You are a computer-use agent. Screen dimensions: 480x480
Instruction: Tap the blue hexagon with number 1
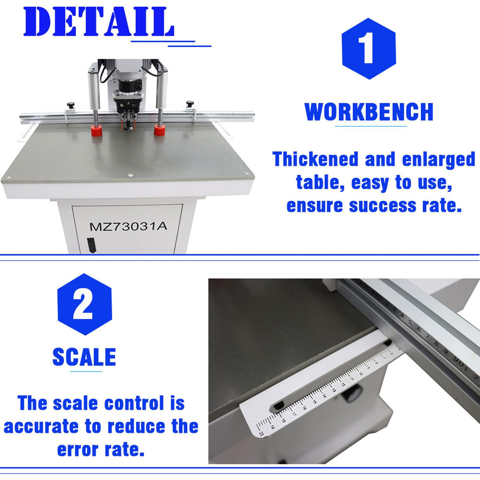pyautogui.click(x=369, y=49)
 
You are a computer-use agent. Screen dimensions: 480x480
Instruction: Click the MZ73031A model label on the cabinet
pyautogui.click(x=128, y=227)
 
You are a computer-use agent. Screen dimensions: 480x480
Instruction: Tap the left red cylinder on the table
pyautogui.click(x=96, y=130)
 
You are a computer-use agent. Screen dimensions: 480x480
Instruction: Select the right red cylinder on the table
pyautogui.click(x=159, y=130)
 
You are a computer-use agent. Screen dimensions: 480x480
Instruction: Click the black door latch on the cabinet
pyautogui.click(x=91, y=245)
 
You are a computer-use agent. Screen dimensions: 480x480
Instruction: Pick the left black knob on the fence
pyautogui.click(x=71, y=105)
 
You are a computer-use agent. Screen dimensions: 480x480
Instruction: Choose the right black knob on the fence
pyautogui.click(x=190, y=104)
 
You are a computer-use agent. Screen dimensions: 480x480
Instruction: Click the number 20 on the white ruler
pyautogui.click(x=261, y=433)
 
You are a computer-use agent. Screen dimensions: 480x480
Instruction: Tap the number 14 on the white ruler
pyautogui.click(x=324, y=395)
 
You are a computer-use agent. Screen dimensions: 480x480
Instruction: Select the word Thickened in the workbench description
pyautogui.click(x=315, y=159)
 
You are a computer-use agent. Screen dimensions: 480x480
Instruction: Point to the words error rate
pyautogui.click(x=101, y=450)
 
